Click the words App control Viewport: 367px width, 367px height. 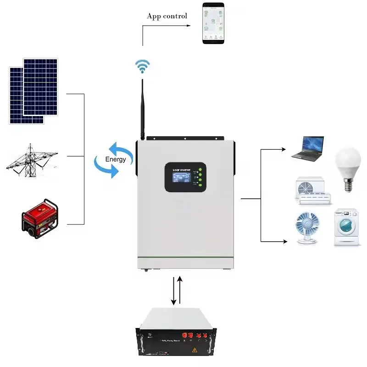(167, 16)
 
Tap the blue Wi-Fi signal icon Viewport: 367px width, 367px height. (142, 67)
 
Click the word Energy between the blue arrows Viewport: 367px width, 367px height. (115, 159)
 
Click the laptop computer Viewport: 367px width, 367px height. (308, 148)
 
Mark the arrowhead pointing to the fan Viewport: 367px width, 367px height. (286, 241)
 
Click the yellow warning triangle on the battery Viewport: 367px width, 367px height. (195, 350)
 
